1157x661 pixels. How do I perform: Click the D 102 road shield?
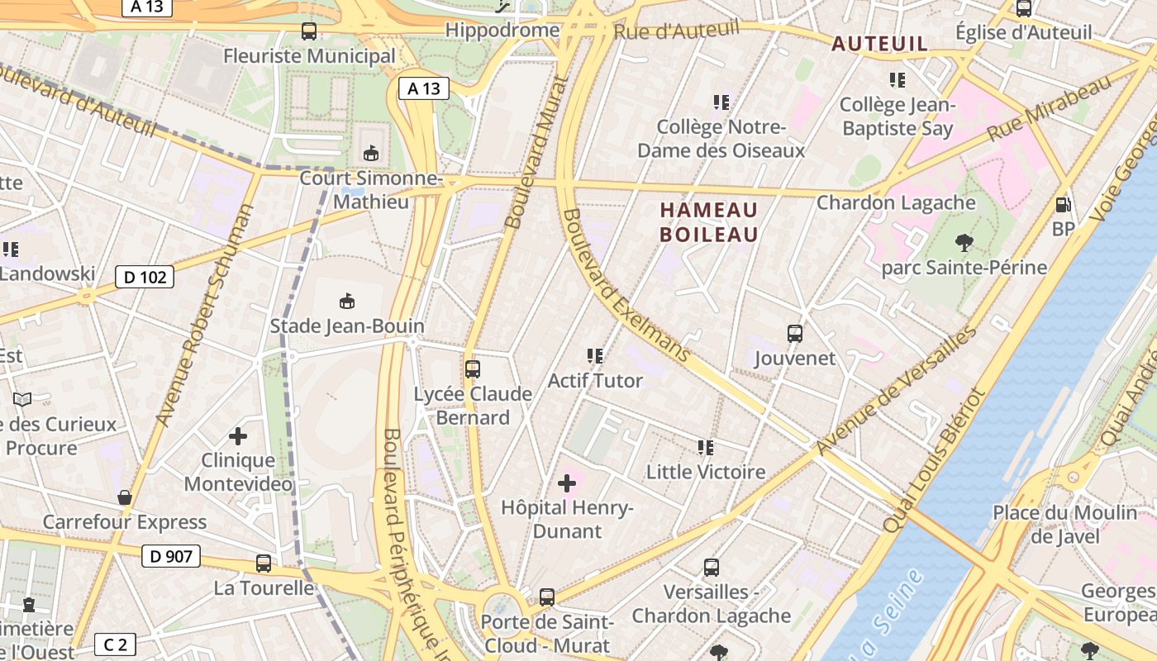145,277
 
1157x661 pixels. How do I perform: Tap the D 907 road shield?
171,556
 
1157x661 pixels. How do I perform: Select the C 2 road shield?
116,644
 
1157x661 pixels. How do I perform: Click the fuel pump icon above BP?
1063,204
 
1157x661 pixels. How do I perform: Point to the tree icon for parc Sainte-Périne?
964,243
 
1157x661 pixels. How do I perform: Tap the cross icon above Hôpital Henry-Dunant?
567,483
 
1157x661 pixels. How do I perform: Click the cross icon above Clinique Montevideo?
238,435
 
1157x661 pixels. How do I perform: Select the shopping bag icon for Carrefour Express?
125,497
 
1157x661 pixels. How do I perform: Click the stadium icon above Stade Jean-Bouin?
347,302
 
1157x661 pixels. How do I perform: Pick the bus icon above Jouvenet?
795,334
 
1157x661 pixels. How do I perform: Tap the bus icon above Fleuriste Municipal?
309,32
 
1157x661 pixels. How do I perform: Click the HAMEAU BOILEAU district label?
708,222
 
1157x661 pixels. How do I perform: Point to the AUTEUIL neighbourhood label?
879,44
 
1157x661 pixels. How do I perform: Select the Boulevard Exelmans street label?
625,285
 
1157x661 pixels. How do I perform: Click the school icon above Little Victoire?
705,448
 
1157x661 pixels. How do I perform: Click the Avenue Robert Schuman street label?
203,316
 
